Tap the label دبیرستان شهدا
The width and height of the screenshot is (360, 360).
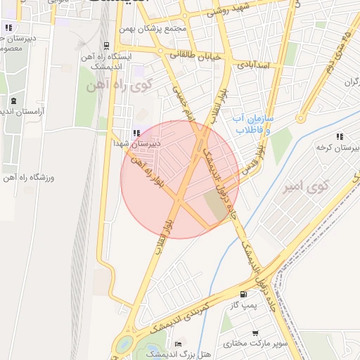coord(138,143)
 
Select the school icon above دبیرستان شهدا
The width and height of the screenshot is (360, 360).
coord(136,133)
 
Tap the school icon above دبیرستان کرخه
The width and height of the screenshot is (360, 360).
coord(340,136)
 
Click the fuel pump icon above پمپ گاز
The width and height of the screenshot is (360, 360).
coord(243,295)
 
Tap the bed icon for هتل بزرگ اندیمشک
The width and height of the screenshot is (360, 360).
coord(178,343)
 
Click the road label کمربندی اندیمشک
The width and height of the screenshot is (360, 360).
coord(182,317)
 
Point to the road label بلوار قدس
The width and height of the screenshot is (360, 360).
coord(255,160)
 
